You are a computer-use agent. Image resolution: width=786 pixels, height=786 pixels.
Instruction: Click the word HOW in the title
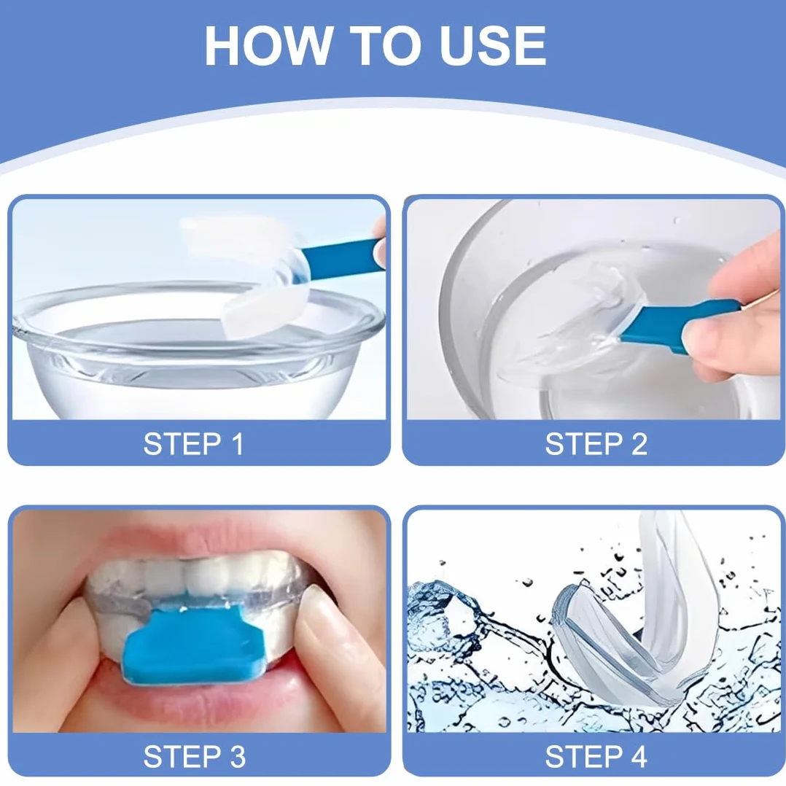point(268,46)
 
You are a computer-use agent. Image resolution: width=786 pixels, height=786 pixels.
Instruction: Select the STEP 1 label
point(193,443)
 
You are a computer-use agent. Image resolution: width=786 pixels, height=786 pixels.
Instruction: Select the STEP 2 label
point(596,443)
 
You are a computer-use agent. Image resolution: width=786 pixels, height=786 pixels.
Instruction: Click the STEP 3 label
point(195,756)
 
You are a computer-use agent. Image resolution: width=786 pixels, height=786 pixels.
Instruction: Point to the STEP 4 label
point(596,756)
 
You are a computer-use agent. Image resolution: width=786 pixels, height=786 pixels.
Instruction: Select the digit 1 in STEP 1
point(238,443)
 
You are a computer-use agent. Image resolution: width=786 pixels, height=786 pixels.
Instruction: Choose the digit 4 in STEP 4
point(637,756)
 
